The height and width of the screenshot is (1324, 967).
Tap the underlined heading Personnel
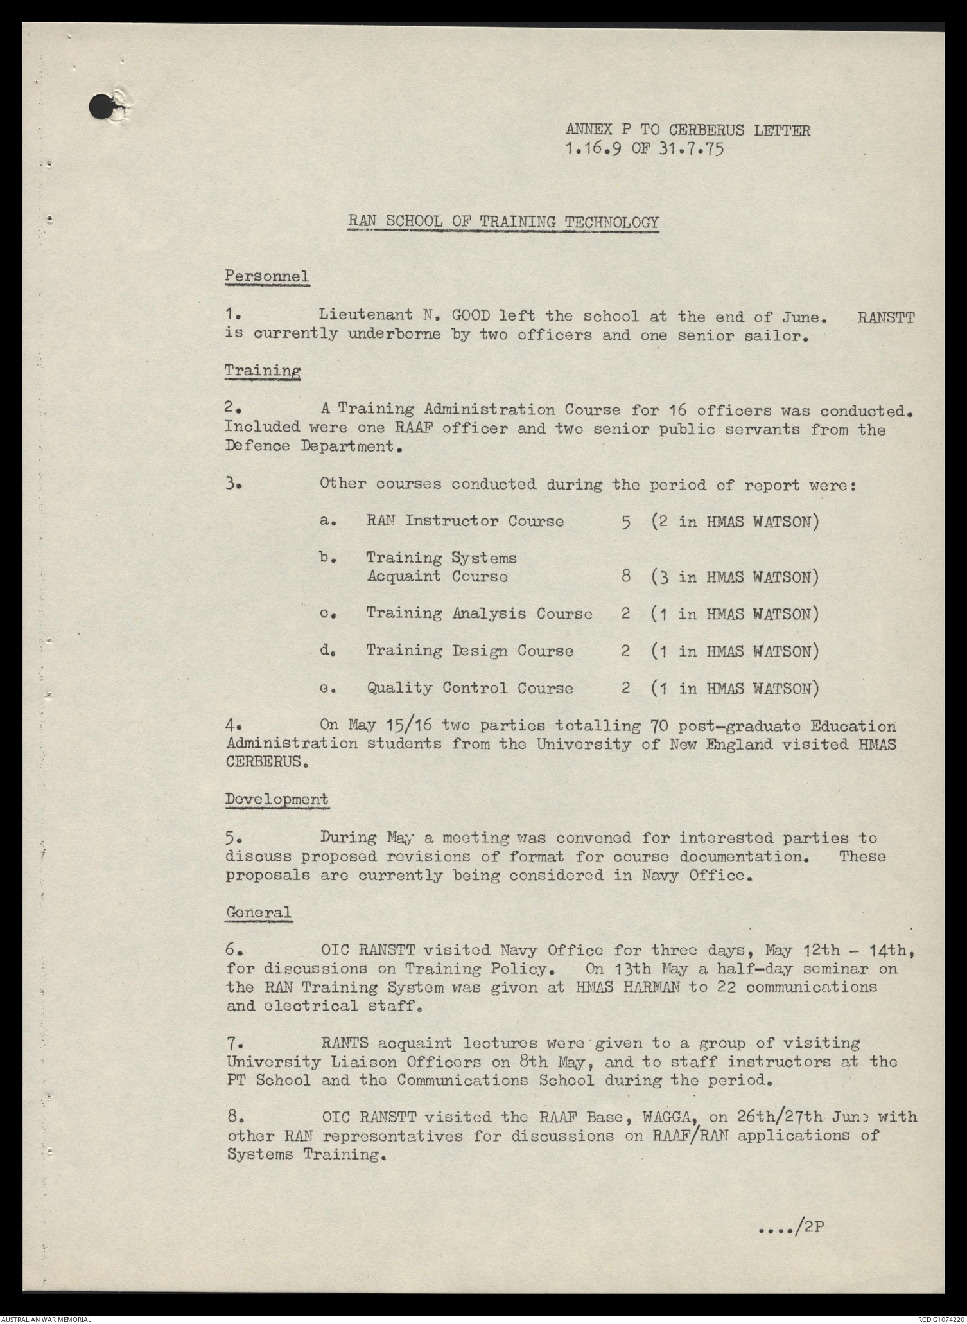pyautogui.click(x=266, y=277)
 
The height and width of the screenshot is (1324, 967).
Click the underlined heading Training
pyautogui.click(x=263, y=371)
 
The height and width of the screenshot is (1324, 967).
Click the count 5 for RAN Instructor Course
pyautogui.click(x=625, y=521)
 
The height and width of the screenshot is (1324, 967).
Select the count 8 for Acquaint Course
pyautogui.click(x=625, y=577)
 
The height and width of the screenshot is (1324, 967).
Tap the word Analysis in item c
pyautogui.click(x=490, y=613)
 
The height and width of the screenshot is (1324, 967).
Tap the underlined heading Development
pyautogui.click(x=277, y=800)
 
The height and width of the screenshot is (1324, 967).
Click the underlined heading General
pyautogui.click(x=258, y=912)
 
